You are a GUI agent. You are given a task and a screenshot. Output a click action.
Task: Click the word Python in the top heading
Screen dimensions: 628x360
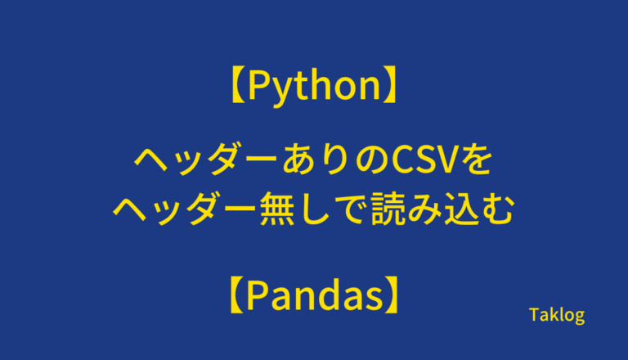pyautogui.click(x=314, y=86)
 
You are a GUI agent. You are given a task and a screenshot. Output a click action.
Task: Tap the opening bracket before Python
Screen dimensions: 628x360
pyautogui.click(x=238, y=85)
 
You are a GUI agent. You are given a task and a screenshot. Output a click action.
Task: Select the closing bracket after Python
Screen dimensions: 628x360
pyautogui.click(x=390, y=85)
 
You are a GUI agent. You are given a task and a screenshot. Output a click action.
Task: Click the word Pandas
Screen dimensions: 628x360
pyautogui.click(x=314, y=295)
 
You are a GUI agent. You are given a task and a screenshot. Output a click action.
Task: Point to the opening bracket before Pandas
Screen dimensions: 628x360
pyautogui.click(x=237, y=295)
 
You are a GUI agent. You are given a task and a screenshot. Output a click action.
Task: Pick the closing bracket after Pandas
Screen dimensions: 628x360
pyautogui.click(x=392, y=295)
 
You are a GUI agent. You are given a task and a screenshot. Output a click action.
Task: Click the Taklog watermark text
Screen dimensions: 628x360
pyautogui.click(x=557, y=316)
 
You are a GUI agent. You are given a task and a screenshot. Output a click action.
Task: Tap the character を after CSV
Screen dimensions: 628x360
pyautogui.click(x=476, y=160)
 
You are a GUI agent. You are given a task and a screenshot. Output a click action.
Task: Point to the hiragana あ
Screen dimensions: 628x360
pyautogui.click(x=298, y=160)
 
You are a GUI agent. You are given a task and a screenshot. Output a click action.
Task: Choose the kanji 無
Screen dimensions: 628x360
pyautogui.click(x=277, y=209)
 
